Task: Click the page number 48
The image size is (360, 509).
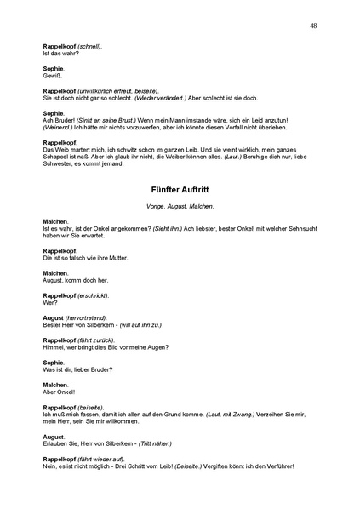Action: [x=314, y=26]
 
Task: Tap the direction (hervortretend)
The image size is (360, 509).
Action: [x=88, y=317]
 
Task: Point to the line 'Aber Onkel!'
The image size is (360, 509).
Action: [x=59, y=392]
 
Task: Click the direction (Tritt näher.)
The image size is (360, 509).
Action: [x=157, y=443]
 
